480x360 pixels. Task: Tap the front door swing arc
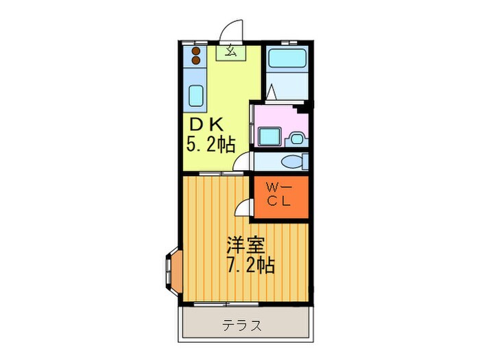(232, 30)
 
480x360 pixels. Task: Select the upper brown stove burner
(197, 51)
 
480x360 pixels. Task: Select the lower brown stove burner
(197, 60)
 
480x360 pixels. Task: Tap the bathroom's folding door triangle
(272, 91)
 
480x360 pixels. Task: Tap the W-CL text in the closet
(278, 194)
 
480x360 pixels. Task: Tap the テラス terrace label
(241, 325)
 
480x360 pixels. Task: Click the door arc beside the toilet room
(241, 162)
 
